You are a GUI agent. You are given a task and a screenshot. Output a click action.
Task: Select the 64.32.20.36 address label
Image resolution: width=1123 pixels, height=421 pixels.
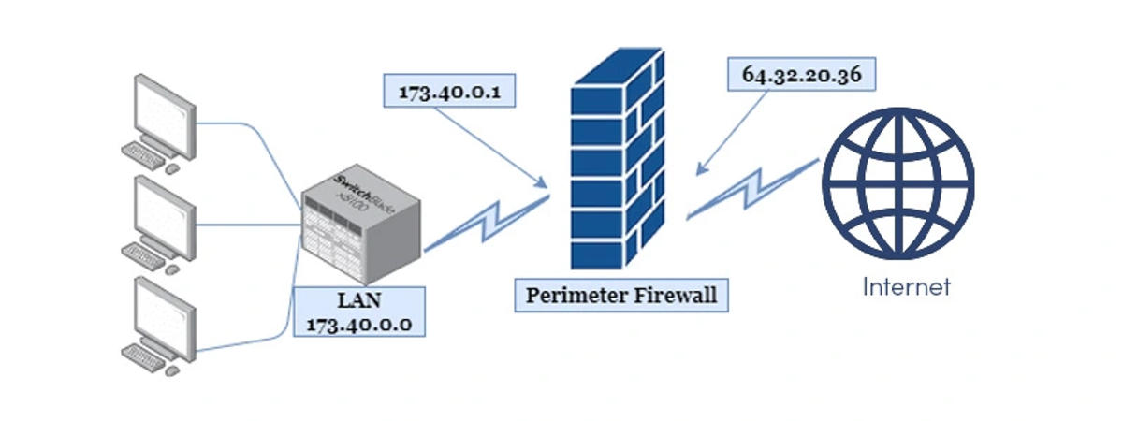click(x=801, y=75)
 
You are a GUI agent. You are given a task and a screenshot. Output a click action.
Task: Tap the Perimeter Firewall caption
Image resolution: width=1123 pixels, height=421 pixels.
click(x=621, y=296)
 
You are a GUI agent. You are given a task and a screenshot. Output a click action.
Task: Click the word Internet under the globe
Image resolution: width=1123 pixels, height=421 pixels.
click(x=906, y=286)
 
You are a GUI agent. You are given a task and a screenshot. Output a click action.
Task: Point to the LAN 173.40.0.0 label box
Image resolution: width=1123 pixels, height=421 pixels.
click(x=359, y=312)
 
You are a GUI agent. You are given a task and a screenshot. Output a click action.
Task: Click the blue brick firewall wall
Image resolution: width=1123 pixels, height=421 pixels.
click(x=621, y=159)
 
